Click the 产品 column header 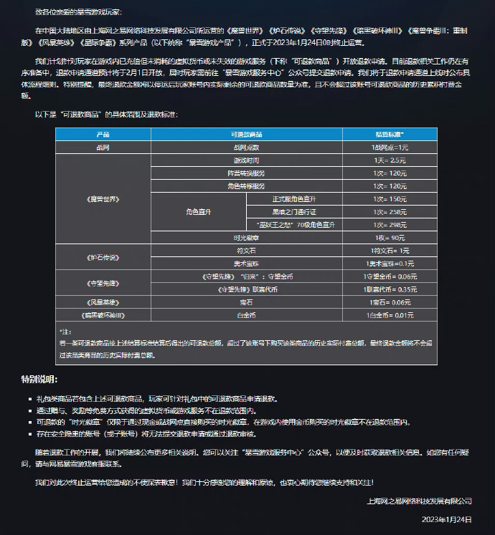pyautogui.click(x=103, y=134)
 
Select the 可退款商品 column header pyautogui.click(x=246, y=134)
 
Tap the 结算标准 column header pyautogui.click(x=390, y=134)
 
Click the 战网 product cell pyautogui.click(x=103, y=147)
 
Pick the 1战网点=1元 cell pyautogui.click(x=390, y=147)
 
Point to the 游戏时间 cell pyautogui.click(x=246, y=160)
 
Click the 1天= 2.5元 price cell pyautogui.click(x=390, y=160)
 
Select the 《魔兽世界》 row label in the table pyautogui.click(x=103, y=199)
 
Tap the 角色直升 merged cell pyautogui.click(x=199, y=212)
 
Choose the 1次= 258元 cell pyautogui.click(x=390, y=212)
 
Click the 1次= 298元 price pyautogui.click(x=390, y=225)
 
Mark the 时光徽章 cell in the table pyautogui.click(x=246, y=238)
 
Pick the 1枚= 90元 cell pyautogui.click(x=390, y=238)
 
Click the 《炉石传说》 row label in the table pyautogui.click(x=103, y=257)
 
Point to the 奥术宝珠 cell pyautogui.click(x=246, y=264)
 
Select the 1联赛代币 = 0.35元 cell pyautogui.click(x=390, y=289)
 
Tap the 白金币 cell pyautogui.click(x=246, y=315)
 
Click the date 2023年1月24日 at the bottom pyautogui.click(x=446, y=518)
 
